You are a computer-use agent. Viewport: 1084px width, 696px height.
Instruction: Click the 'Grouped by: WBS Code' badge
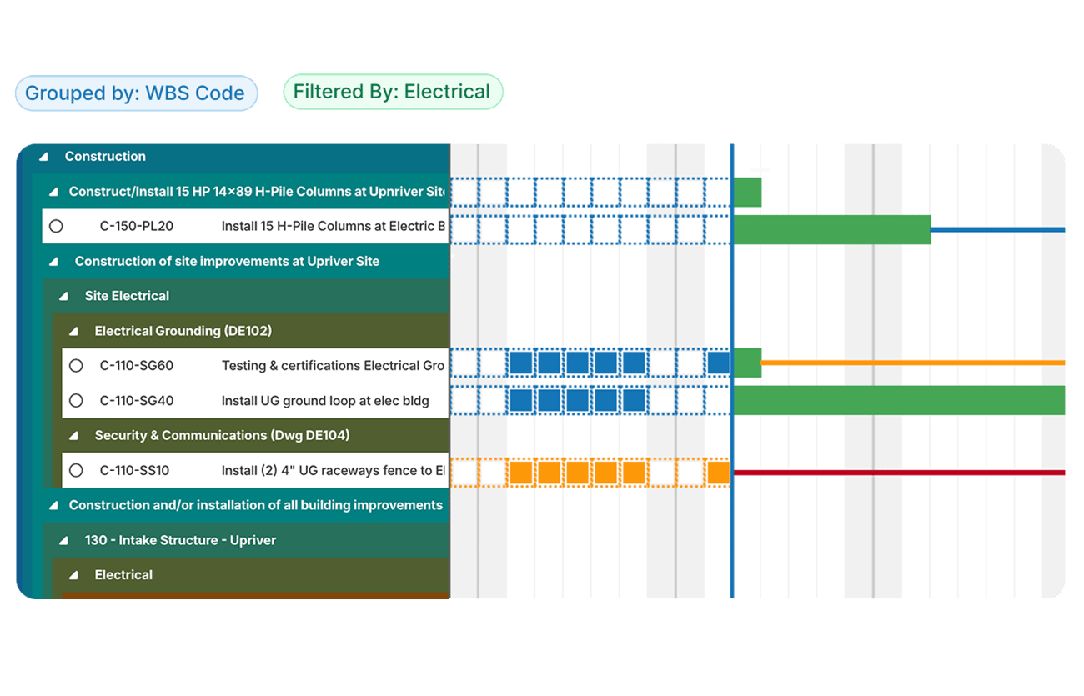pyautogui.click(x=136, y=93)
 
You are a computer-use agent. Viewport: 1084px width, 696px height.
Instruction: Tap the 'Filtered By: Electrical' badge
pyautogui.click(x=392, y=92)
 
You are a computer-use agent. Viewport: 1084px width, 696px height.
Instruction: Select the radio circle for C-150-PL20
pyautogui.click(x=56, y=226)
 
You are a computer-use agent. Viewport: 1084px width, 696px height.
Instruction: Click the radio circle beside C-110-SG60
pyautogui.click(x=76, y=366)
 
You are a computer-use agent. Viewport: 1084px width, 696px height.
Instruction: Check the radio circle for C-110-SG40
pyautogui.click(x=76, y=401)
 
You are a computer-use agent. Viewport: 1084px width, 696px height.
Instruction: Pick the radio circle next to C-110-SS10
pyautogui.click(x=76, y=471)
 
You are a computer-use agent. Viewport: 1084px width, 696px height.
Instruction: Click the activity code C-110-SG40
pyautogui.click(x=137, y=401)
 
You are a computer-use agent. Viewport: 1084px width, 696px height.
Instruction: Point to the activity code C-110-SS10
pyautogui.click(x=134, y=471)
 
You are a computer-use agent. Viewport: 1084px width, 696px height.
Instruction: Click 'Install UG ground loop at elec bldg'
pyautogui.click(x=325, y=401)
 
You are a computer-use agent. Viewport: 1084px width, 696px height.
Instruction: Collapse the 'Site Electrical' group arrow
pyautogui.click(x=63, y=297)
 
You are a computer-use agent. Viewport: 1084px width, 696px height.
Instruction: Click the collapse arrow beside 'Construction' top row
pyautogui.click(x=43, y=157)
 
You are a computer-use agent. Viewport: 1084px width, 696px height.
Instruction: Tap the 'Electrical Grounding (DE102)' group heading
pyautogui.click(x=183, y=331)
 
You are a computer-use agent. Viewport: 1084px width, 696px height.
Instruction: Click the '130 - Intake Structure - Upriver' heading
pyautogui.click(x=180, y=540)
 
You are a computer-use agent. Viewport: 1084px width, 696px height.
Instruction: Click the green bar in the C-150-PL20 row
pyautogui.click(x=831, y=229)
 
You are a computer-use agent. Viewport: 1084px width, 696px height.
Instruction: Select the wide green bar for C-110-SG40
pyautogui.click(x=898, y=400)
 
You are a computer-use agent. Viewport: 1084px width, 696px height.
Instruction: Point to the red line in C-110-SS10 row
pyautogui.click(x=898, y=473)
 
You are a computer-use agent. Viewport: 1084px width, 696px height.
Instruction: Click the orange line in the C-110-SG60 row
pyautogui.click(x=913, y=363)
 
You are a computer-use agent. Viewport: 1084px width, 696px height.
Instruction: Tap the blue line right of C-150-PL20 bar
pyautogui.click(x=997, y=229)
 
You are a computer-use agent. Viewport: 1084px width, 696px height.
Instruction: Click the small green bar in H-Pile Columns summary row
pyautogui.click(x=747, y=192)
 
